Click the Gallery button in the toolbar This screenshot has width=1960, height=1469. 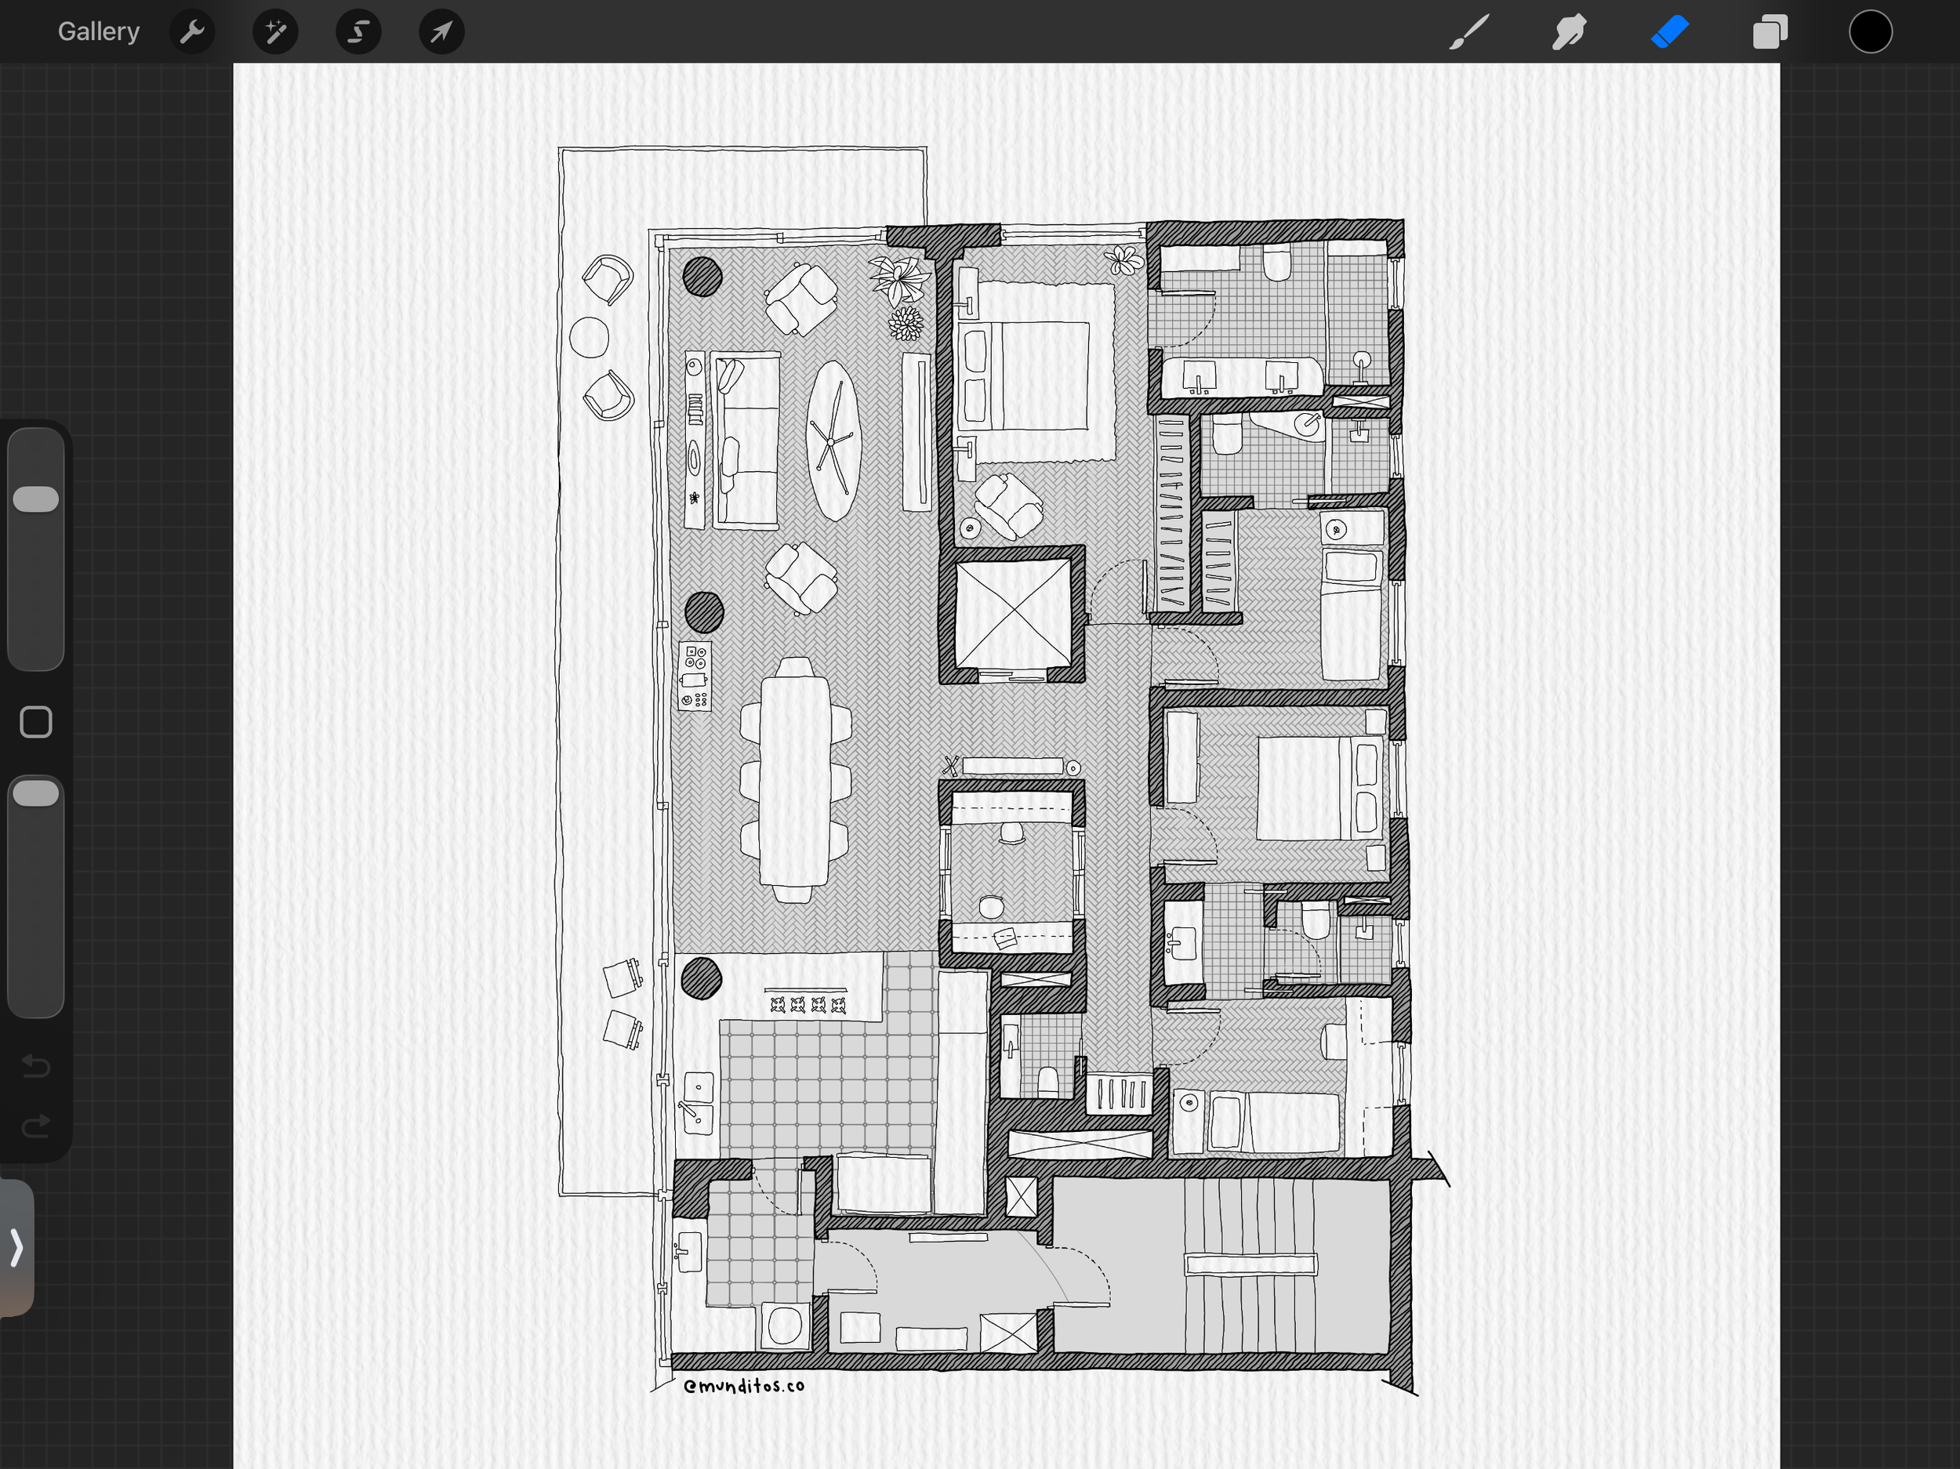click(98, 32)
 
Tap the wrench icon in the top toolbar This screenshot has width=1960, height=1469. click(191, 32)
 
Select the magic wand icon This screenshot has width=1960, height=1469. click(274, 32)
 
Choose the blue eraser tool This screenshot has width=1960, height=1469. click(1669, 32)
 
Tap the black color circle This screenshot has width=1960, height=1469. click(1871, 32)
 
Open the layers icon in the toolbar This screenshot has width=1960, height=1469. click(1769, 32)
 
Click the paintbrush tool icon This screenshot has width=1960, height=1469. click(1468, 32)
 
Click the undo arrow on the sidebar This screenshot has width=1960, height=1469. click(35, 1065)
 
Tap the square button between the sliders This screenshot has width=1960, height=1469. click(35, 722)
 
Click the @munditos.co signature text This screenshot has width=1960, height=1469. click(743, 1386)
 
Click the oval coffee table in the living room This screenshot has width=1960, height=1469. click(833, 441)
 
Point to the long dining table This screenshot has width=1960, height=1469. click(795, 780)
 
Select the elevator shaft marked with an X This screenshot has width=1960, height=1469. click(1013, 613)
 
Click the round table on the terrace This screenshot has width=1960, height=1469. click(590, 338)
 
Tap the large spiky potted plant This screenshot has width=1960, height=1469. click(899, 279)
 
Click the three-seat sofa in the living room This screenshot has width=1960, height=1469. click(747, 441)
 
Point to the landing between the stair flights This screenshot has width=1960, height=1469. click(1250, 1264)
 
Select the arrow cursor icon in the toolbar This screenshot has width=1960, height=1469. click(441, 32)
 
